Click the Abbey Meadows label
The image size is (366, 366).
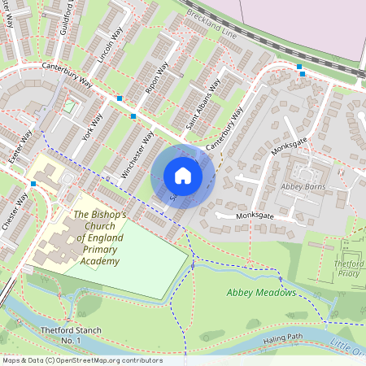(261, 293)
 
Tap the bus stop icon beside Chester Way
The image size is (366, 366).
(33, 185)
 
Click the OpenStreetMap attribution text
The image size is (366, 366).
(81, 360)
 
